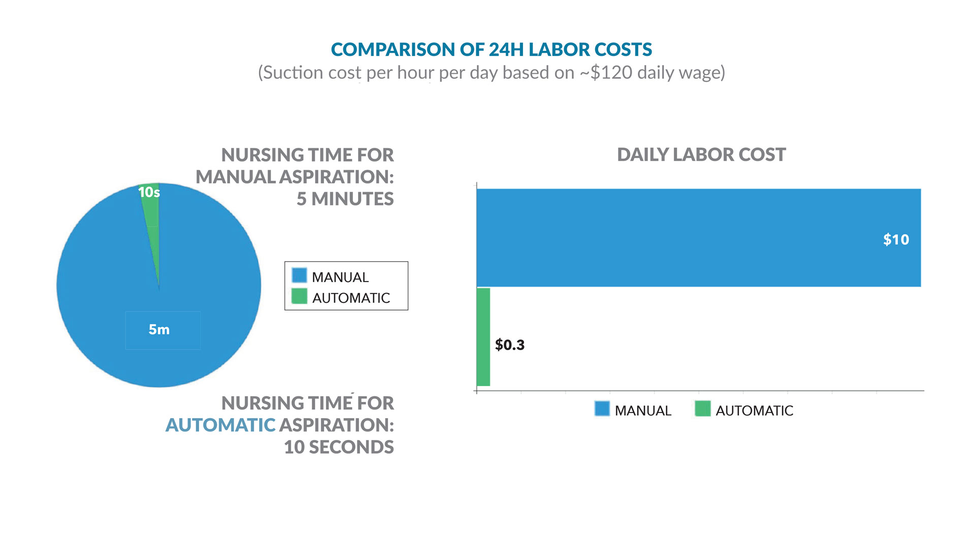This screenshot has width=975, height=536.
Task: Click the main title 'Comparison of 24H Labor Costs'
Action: (x=491, y=49)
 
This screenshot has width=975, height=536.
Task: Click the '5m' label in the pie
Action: (x=159, y=329)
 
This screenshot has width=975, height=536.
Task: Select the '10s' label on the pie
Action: (x=149, y=192)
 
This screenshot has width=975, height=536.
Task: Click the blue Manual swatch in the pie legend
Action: (x=299, y=275)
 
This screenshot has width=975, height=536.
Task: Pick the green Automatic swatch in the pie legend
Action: (x=299, y=296)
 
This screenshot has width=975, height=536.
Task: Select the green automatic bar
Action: (x=483, y=337)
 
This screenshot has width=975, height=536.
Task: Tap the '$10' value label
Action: (x=896, y=239)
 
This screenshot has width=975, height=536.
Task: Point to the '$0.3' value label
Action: (x=509, y=345)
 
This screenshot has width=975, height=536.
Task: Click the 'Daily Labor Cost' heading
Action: (x=701, y=154)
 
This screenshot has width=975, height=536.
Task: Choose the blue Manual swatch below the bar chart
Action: (x=602, y=409)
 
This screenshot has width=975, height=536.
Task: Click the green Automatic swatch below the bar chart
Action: (x=702, y=409)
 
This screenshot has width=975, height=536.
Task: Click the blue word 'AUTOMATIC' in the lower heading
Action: (x=220, y=425)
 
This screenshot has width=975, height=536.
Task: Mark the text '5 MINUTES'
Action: (x=345, y=199)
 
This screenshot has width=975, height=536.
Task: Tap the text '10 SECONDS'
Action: (x=339, y=447)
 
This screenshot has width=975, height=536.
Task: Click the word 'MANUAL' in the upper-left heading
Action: (x=236, y=177)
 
